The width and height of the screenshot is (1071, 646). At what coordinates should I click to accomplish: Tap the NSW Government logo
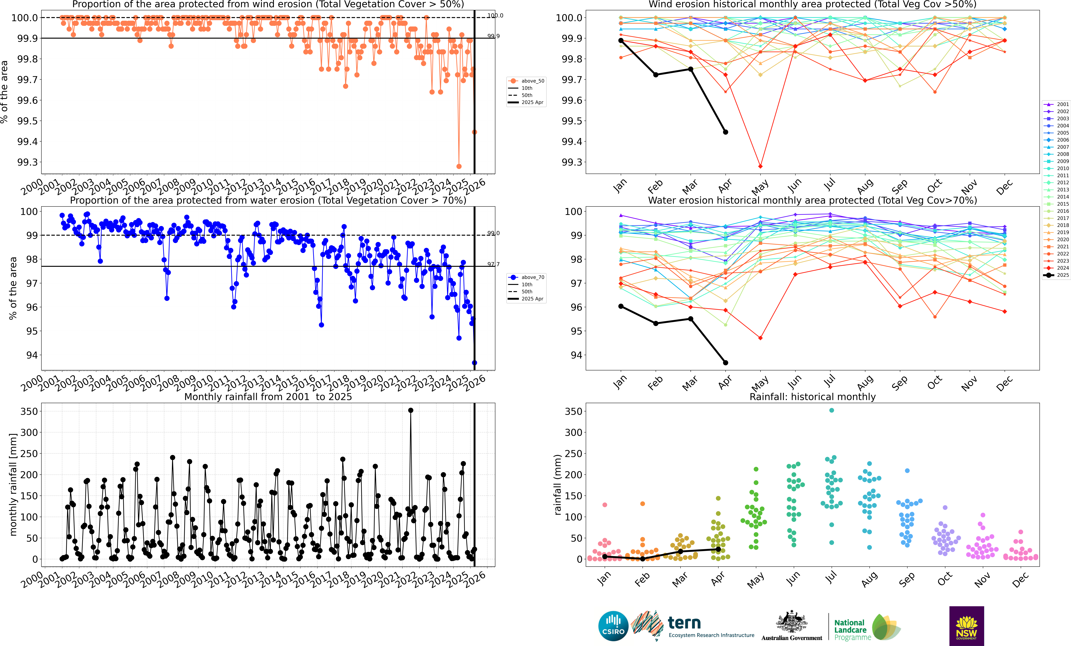(966, 626)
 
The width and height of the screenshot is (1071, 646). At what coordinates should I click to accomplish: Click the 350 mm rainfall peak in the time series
(411, 410)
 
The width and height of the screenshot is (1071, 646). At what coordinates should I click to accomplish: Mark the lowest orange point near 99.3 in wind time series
(459, 166)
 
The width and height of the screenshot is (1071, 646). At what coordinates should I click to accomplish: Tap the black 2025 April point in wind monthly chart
(725, 132)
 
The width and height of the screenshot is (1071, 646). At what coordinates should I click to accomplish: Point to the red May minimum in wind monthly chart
(760, 166)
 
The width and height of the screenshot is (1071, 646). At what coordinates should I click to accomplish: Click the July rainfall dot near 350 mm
(831, 410)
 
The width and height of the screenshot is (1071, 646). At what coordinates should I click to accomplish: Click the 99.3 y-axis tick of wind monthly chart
(569, 162)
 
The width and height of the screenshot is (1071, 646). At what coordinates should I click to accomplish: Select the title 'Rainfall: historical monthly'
(812, 397)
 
